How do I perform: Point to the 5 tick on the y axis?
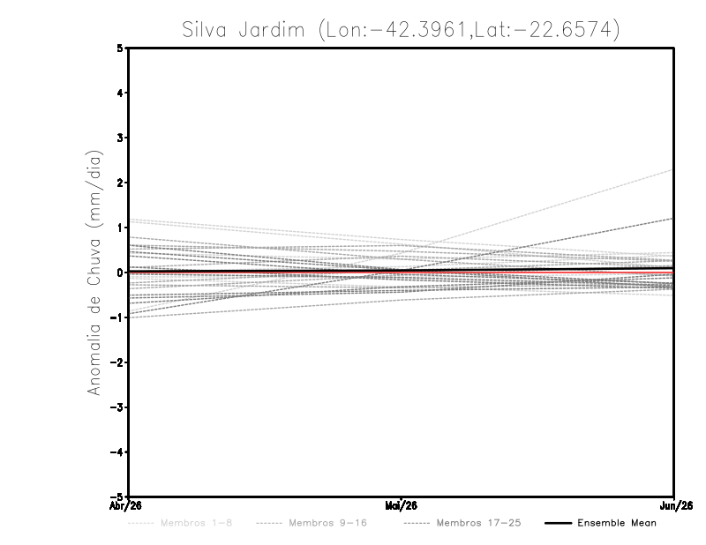pos(120,48)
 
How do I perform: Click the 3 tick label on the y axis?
pos(120,138)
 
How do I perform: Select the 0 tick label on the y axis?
pos(120,272)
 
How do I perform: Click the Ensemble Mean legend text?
pos(616,523)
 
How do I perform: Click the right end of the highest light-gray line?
pos(673,169)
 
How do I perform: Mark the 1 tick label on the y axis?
pos(120,228)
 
